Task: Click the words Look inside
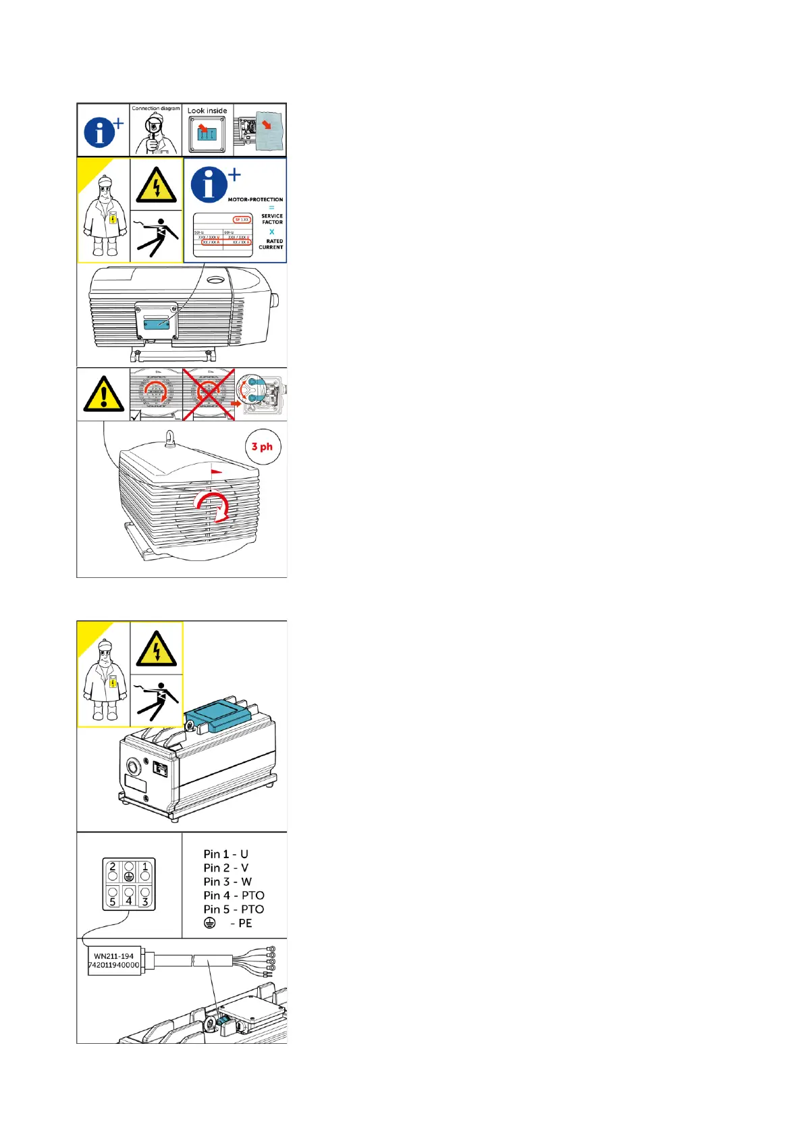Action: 207,111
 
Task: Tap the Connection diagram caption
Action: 156,108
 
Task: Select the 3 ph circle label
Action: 262,446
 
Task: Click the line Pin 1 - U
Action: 225,854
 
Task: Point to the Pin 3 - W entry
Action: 227,882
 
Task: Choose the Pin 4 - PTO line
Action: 234,895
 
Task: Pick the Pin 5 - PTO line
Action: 234,909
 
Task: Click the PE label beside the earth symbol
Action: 244,923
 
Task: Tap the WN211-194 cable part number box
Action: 114,961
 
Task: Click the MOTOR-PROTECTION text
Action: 255,200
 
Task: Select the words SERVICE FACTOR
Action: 272,219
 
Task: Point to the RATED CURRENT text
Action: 271,244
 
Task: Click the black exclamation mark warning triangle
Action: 103,394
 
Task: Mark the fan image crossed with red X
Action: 209,394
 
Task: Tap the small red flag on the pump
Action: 216,472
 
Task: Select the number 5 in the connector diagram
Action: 113,901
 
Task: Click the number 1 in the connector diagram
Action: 145,867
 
